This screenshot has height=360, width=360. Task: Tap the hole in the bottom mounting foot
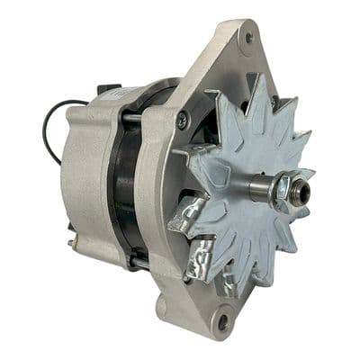pos(222,319)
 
